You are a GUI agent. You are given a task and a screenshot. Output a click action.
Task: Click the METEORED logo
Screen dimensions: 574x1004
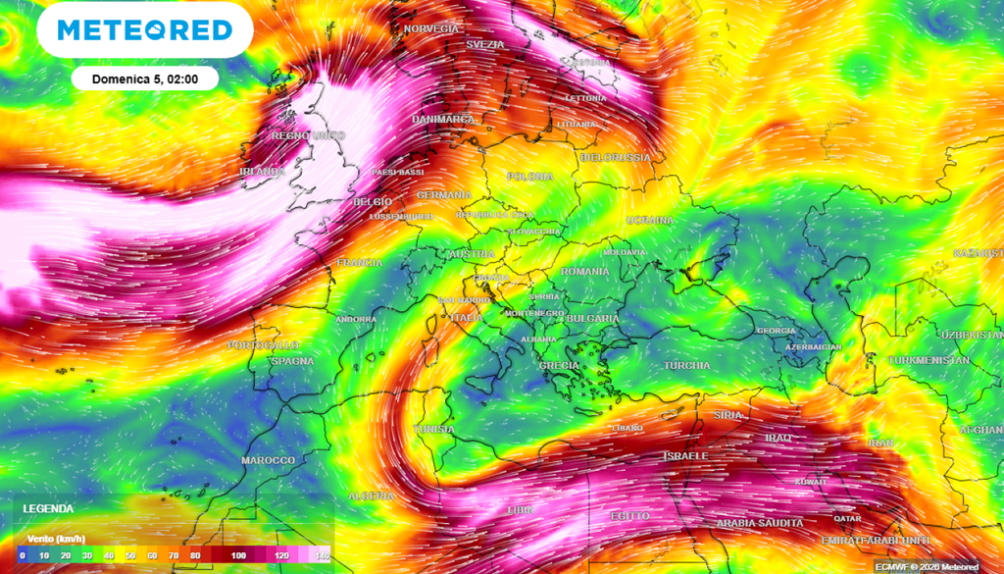pos(144,30)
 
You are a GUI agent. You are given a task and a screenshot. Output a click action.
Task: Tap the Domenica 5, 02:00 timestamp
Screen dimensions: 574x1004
pos(144,78)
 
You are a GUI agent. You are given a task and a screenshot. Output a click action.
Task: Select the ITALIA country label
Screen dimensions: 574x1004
pos(466,318)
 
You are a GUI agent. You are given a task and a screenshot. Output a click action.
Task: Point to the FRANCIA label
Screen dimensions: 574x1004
pos(359,263)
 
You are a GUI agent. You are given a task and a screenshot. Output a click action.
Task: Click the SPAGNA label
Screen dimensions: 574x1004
pos(292,361)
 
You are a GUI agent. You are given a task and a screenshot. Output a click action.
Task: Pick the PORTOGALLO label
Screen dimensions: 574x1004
pos(263,346)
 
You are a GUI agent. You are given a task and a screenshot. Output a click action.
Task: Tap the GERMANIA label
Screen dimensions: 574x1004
pos(444,195)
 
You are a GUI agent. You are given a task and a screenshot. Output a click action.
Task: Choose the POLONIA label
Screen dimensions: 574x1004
pos(529,177)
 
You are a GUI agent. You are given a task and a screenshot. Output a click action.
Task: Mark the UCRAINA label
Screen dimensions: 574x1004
pos(650,220)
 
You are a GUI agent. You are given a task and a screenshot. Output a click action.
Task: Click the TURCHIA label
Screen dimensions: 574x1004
pos(686,366)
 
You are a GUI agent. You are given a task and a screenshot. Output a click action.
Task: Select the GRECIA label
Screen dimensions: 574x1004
pos(559,366)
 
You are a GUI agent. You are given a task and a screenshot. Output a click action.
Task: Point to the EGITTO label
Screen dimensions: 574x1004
pos(629,516)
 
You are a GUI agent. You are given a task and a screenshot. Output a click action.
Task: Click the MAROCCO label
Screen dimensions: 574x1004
pos(268,460)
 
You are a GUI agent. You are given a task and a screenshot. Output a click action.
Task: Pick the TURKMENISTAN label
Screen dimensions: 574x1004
pos(929,360)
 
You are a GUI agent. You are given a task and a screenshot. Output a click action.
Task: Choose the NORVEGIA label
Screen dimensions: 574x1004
pos(431,29)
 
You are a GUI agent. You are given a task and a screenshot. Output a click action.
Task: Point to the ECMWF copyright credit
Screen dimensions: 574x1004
pos(927,566)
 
